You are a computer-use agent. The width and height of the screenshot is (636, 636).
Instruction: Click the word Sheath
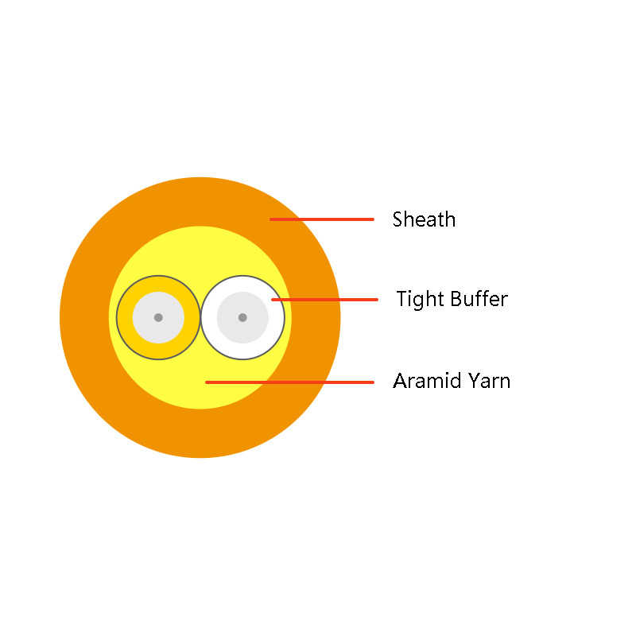tap(424, 219)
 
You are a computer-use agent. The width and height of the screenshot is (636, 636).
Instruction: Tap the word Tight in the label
tap(421, 301)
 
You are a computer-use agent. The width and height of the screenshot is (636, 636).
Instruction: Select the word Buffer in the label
tap(479, 299)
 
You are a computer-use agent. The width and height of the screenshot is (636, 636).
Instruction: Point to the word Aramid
tap(427, 381)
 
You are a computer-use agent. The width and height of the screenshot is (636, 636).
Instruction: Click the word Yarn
tap(489, 381)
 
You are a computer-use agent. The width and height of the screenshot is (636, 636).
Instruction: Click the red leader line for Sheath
tap(322, 219)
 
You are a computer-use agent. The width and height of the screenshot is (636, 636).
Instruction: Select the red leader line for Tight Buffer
tap(325, 300)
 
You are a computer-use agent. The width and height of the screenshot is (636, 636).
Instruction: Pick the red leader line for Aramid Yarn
tap(289, 382)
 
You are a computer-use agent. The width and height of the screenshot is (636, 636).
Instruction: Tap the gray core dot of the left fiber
tap(158, 317)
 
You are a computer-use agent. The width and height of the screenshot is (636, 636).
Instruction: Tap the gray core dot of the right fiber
tap(242, 317)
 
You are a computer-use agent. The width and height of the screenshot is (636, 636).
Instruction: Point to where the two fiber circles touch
tap(200, 317)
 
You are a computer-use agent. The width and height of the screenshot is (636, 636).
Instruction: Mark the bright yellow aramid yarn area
tap(200, 251)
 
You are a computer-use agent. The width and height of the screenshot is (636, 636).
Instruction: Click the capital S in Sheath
tap(398, 219)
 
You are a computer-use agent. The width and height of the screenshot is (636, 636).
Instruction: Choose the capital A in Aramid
tap(400, 381)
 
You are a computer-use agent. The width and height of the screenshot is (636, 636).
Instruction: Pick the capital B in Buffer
tap(456, 299)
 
